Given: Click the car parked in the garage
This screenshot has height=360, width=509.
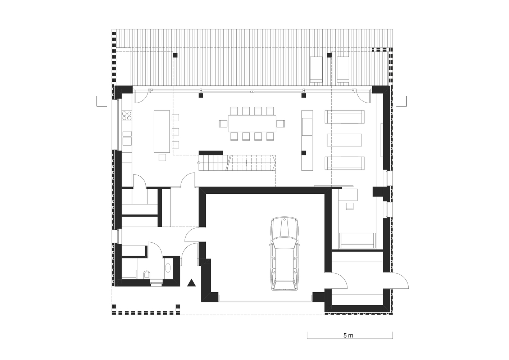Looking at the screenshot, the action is coord(284,254).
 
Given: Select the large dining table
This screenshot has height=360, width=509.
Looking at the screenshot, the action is coord(252,124).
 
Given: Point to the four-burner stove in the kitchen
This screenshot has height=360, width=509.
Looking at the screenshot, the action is coord(127,115).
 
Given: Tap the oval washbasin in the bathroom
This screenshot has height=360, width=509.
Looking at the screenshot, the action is coord(168,268).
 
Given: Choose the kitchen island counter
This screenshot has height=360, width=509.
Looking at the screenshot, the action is coord(162,131).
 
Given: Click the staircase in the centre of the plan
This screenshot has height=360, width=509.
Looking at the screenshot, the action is coord(237,163).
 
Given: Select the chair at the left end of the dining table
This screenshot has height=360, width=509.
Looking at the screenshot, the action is coord(223,124).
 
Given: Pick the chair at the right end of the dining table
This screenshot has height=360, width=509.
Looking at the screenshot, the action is coord(281,124).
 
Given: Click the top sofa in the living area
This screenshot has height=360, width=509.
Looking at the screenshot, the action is coord(345,117).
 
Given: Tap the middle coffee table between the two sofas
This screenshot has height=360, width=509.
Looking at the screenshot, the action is coord(344,140).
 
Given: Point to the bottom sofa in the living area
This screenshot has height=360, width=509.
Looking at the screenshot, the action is coord(345,163).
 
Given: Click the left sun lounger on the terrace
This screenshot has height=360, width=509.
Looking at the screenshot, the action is coord(316,69).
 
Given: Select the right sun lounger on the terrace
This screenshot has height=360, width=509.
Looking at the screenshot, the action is coord(343,69).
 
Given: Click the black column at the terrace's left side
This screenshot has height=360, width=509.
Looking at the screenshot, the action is coord(175,55).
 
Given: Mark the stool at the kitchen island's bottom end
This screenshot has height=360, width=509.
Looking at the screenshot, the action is coord(162,157).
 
